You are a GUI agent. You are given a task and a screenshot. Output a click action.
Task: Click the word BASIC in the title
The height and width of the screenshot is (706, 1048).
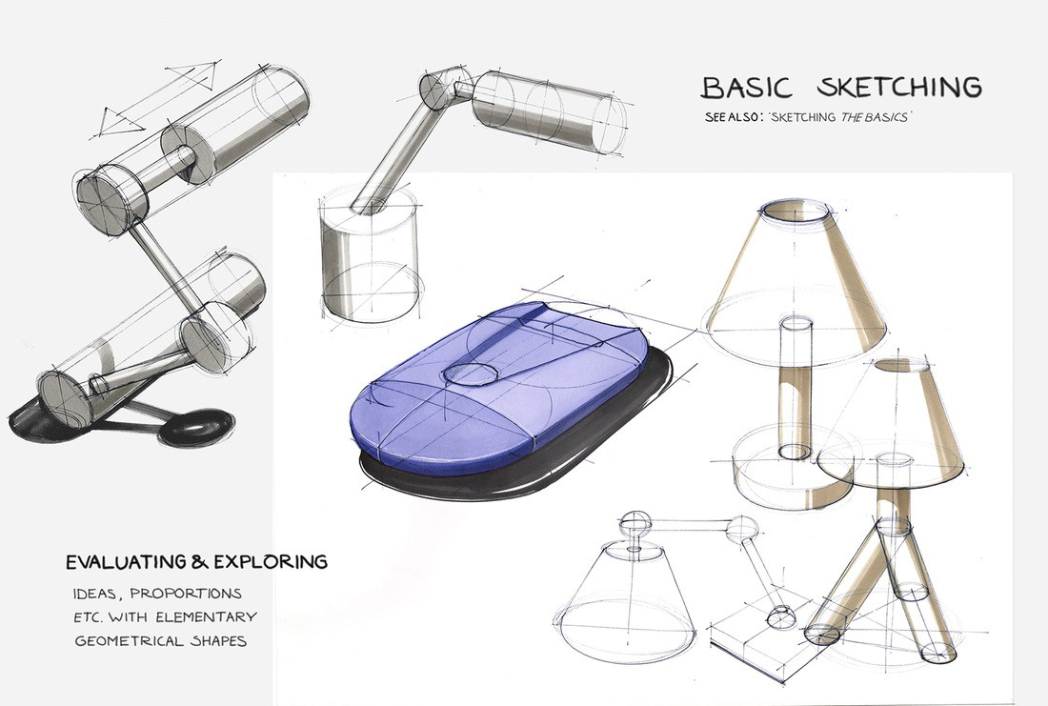click(x=747, y=87)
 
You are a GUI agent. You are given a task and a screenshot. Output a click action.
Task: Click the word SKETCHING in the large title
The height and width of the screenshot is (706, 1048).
click(x=898, y=87)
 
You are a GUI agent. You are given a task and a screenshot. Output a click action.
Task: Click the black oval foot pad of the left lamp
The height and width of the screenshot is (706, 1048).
click(x=197, y=426)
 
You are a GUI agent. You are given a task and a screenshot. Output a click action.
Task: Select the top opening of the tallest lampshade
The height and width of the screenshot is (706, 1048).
click(x=795, y=211)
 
